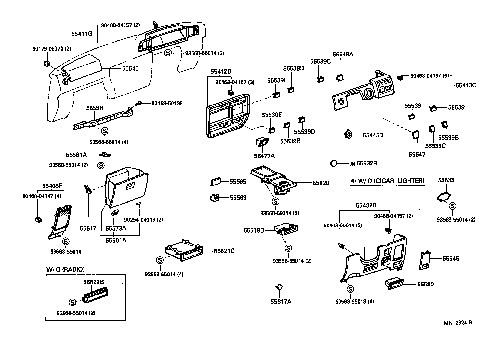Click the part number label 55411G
82,33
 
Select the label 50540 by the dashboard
130,69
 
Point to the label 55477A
264,156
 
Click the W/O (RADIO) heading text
65,269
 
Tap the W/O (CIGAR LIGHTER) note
387,181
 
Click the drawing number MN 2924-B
457,323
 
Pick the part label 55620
321,183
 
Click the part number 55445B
372,135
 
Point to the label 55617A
281,302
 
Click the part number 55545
450,258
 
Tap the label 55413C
466,85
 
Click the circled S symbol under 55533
453,206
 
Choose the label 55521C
224,251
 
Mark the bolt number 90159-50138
167,103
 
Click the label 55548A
343,54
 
